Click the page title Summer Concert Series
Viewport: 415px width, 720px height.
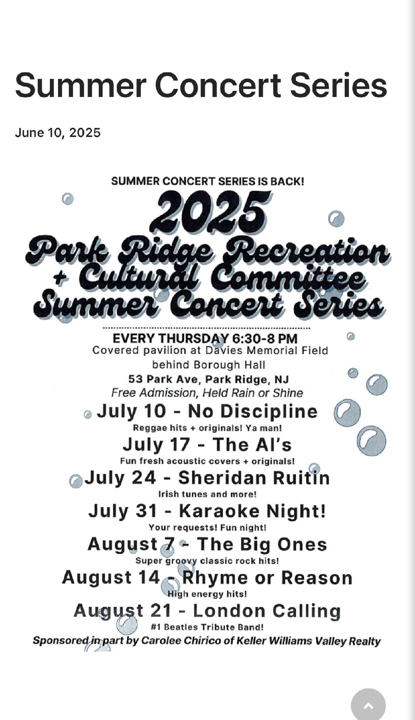click(x=201, y=85)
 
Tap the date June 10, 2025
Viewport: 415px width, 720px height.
click(x=58, y=133)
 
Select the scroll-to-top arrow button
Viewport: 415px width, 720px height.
click(x=368, y=705)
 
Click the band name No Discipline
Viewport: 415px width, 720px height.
click(x=252, y=411)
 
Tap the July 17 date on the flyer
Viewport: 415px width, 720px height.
click(x=156, y=444)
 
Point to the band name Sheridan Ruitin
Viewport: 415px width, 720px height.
click(x=254, y=478)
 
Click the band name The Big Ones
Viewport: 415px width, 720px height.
click(x=262, y=545)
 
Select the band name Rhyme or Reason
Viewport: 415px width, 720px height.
click(x=267, y=578)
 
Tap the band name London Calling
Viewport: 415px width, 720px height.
click(x=267, y=611)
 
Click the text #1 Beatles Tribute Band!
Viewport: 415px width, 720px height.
click(x=207, y=627)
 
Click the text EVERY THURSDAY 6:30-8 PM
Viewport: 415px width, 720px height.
click(x=205, y=339)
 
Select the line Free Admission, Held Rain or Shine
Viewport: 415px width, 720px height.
click(x=207, y=393)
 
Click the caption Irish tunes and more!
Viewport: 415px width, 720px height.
click(x=207, y=494)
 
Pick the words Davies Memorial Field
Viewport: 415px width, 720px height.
click(x=266, y=351)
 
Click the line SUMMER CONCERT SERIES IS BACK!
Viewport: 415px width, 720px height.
click(x=207, y=181)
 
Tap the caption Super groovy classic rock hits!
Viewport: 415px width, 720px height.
click(x=207, y=561)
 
